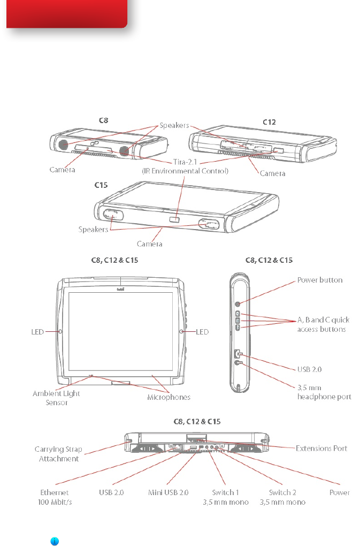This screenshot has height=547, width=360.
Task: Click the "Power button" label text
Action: point(320,279)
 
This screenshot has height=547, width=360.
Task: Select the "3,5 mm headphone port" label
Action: point(324,392)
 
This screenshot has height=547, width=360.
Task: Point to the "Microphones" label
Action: point(168,397)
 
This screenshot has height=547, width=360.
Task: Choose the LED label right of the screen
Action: point(202,332)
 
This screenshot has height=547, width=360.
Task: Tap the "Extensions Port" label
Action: point(321,448)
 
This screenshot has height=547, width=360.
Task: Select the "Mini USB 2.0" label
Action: point(168,492)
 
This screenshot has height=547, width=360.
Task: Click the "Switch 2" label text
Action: point(282,492)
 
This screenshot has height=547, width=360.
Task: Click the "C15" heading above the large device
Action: point(102,185)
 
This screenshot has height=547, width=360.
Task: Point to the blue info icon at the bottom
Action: point(55,542)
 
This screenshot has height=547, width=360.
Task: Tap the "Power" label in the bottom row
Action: point(340,492)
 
